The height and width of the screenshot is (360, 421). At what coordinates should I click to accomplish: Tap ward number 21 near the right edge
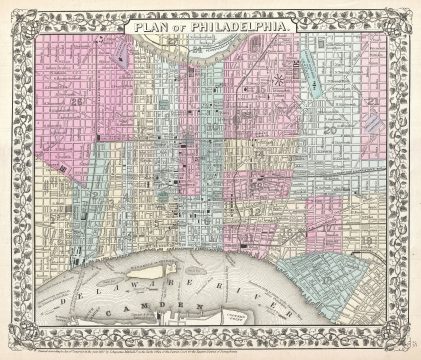click(x=371, y=100)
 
